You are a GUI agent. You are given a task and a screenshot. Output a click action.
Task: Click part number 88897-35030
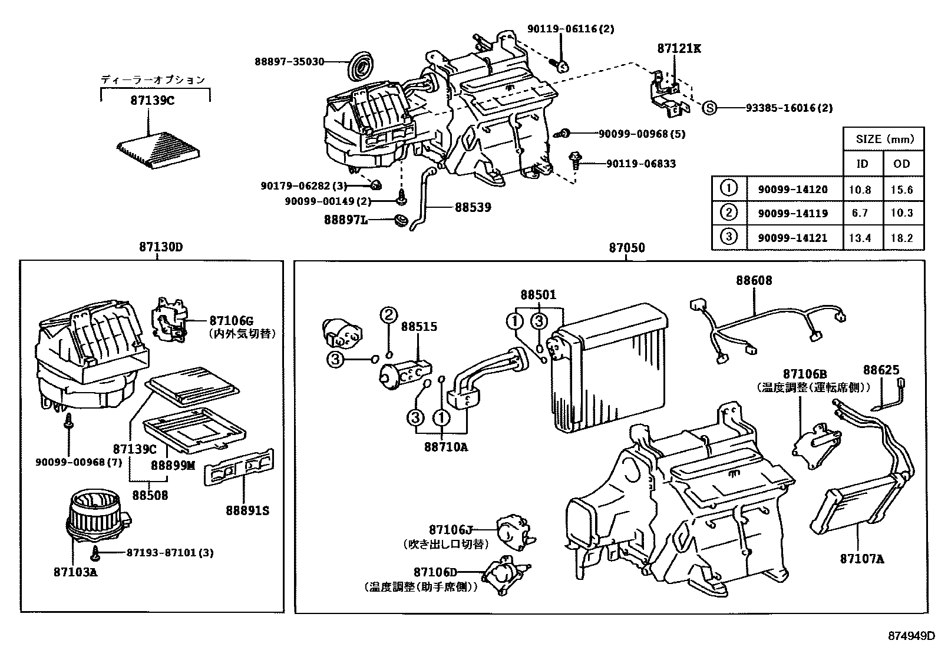289,61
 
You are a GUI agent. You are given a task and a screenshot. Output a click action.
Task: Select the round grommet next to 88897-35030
359,66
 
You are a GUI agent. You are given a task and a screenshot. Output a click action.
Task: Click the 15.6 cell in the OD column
901,190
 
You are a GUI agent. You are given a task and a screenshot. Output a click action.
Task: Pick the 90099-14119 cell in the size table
788,213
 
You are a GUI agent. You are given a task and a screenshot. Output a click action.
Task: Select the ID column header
862,164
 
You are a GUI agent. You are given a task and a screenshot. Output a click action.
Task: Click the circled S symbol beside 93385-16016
711,108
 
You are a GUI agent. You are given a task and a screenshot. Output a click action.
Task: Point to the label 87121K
679,49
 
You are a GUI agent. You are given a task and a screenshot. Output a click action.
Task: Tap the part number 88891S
247,510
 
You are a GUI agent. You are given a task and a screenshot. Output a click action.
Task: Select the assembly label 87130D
160,247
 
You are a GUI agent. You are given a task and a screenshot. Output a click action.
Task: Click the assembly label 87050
627,248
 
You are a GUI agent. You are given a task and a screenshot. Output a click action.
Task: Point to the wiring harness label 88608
753,281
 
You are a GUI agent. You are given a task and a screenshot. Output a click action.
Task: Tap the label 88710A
445,447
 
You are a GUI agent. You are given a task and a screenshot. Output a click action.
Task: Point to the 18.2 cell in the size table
901,238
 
